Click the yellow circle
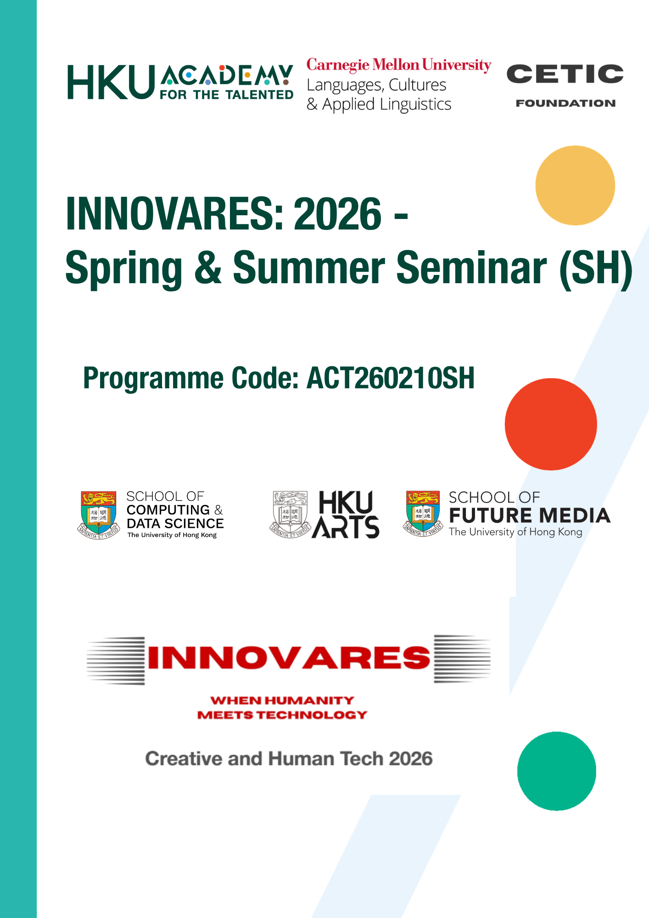[x=575, y=185]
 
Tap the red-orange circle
[x=551, y=424]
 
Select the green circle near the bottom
[x=557, y=771]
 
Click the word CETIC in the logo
[x=565, y=74]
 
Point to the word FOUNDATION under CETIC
[x=565, y=103]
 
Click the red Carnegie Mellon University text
[x=399, y=65]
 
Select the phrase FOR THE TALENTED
[x=227, y=95]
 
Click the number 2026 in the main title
[x=337, y=214]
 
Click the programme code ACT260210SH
[x=391, y=378]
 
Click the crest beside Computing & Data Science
[x=98, y=515]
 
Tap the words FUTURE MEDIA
[x=530, y=515]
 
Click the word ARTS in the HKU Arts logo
[x=346, y=526]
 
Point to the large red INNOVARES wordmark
[x=289, y=658]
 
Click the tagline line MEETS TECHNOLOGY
[x=282, y=715]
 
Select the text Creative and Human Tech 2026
[x=289, y=759]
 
